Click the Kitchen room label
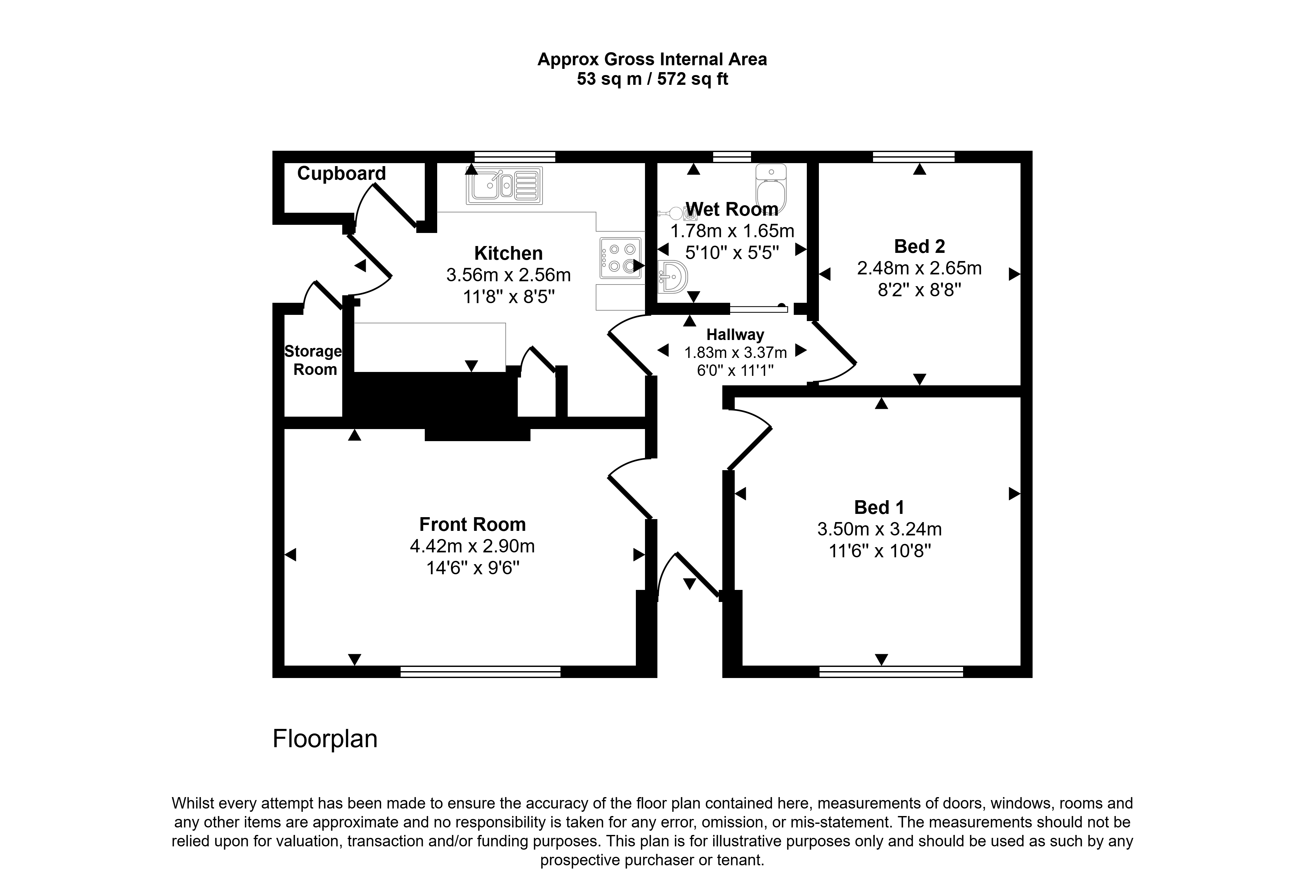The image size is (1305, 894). pyautogui.click(x=508, y=253)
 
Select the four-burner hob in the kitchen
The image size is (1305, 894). pyautogui.click(x=621, y=258)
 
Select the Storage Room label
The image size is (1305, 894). pyautogui.click(x=313, y=361)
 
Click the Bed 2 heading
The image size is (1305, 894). pyautogui.click(x=919, y=246)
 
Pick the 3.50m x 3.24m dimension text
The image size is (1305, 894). pyautogui.click(x=879, y=529)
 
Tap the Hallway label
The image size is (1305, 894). pyautogui.click(x=735, y=335)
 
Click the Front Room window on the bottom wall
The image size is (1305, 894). pyautogui.click(x=481, y=671)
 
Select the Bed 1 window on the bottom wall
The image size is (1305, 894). pyautogui.click(x=891, y=671)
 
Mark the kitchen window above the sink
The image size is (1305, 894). pyautogui.click(x=515, y=157)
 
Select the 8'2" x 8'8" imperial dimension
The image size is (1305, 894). pyautogui.click(x=919, y=290)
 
